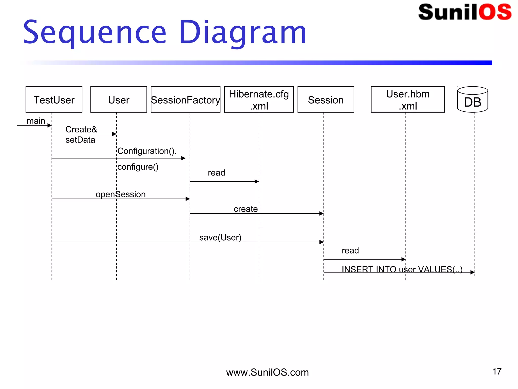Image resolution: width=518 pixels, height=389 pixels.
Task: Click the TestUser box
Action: coord(54,100)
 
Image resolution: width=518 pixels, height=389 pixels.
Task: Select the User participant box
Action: coord(119,100)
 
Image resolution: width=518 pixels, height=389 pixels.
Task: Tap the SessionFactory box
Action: coord(185,100)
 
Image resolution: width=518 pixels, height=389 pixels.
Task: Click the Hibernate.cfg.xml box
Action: coord(259,100)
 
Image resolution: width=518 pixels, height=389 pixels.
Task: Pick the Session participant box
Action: coord(326,100)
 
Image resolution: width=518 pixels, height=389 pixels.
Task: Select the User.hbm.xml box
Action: coord(408,100)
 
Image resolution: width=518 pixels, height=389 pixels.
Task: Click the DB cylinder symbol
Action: coord(472,100)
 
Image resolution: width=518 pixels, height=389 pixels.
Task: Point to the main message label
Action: coord(36,121)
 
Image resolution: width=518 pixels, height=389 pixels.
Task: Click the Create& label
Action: coord(81,129)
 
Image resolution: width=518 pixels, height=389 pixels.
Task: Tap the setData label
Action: coord(80,140)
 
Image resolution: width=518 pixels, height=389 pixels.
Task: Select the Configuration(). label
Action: coord(147,151)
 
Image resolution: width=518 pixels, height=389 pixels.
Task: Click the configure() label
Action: coord(138,167)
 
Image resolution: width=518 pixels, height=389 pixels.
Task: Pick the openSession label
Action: coord(121,194)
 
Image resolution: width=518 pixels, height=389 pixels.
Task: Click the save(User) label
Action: coord(220,238)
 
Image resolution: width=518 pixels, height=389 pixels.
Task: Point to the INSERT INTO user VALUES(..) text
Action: coord(402,269)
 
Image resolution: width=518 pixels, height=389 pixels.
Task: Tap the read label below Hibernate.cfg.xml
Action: coord(216,173)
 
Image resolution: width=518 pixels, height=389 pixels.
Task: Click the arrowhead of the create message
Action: coord(321,213)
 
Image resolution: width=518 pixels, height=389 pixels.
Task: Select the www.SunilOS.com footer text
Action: coord(267,372)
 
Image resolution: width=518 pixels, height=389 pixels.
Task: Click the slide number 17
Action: coord(497,372)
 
